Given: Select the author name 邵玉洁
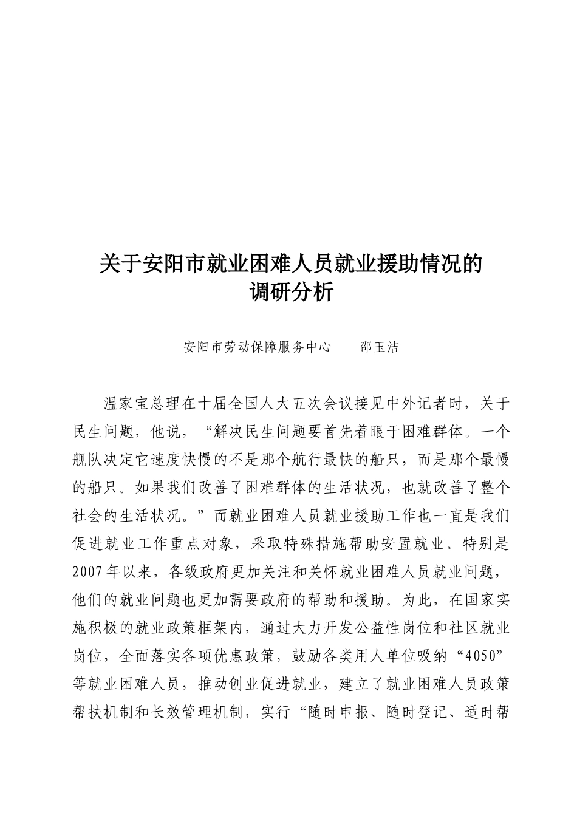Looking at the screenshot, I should coord(380,348).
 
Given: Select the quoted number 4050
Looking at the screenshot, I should coord(480,657).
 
